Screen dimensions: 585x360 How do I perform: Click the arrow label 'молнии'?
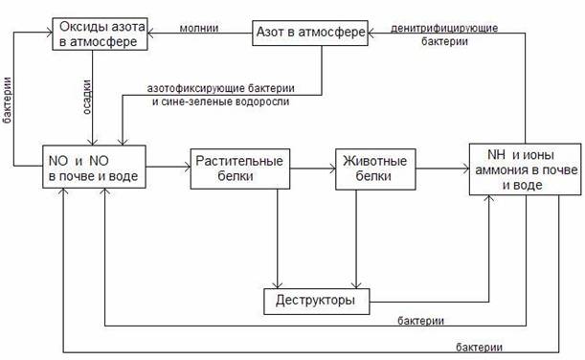click(199, 28)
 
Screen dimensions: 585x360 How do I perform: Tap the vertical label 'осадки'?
click(86, 97)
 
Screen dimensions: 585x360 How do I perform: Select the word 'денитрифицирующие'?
click(444, 29)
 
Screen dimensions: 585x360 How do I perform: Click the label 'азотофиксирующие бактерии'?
click(220, 89)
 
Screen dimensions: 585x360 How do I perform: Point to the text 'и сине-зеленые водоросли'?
click(220, 101)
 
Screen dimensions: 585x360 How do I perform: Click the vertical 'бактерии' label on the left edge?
click(7, 100)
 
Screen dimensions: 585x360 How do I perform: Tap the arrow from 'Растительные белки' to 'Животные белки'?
click(313, 169)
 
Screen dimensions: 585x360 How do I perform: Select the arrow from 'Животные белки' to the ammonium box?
click(442, 169)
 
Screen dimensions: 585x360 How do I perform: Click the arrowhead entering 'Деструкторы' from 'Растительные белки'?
click(278, 285)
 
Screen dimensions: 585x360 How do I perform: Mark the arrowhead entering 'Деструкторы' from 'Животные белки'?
click(356, 285)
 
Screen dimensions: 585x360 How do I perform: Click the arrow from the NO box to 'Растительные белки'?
click(169, 167)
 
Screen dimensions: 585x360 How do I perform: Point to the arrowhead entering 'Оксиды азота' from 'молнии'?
click(150, 34)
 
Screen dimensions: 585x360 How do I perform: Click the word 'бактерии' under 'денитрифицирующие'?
click(444, 41)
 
